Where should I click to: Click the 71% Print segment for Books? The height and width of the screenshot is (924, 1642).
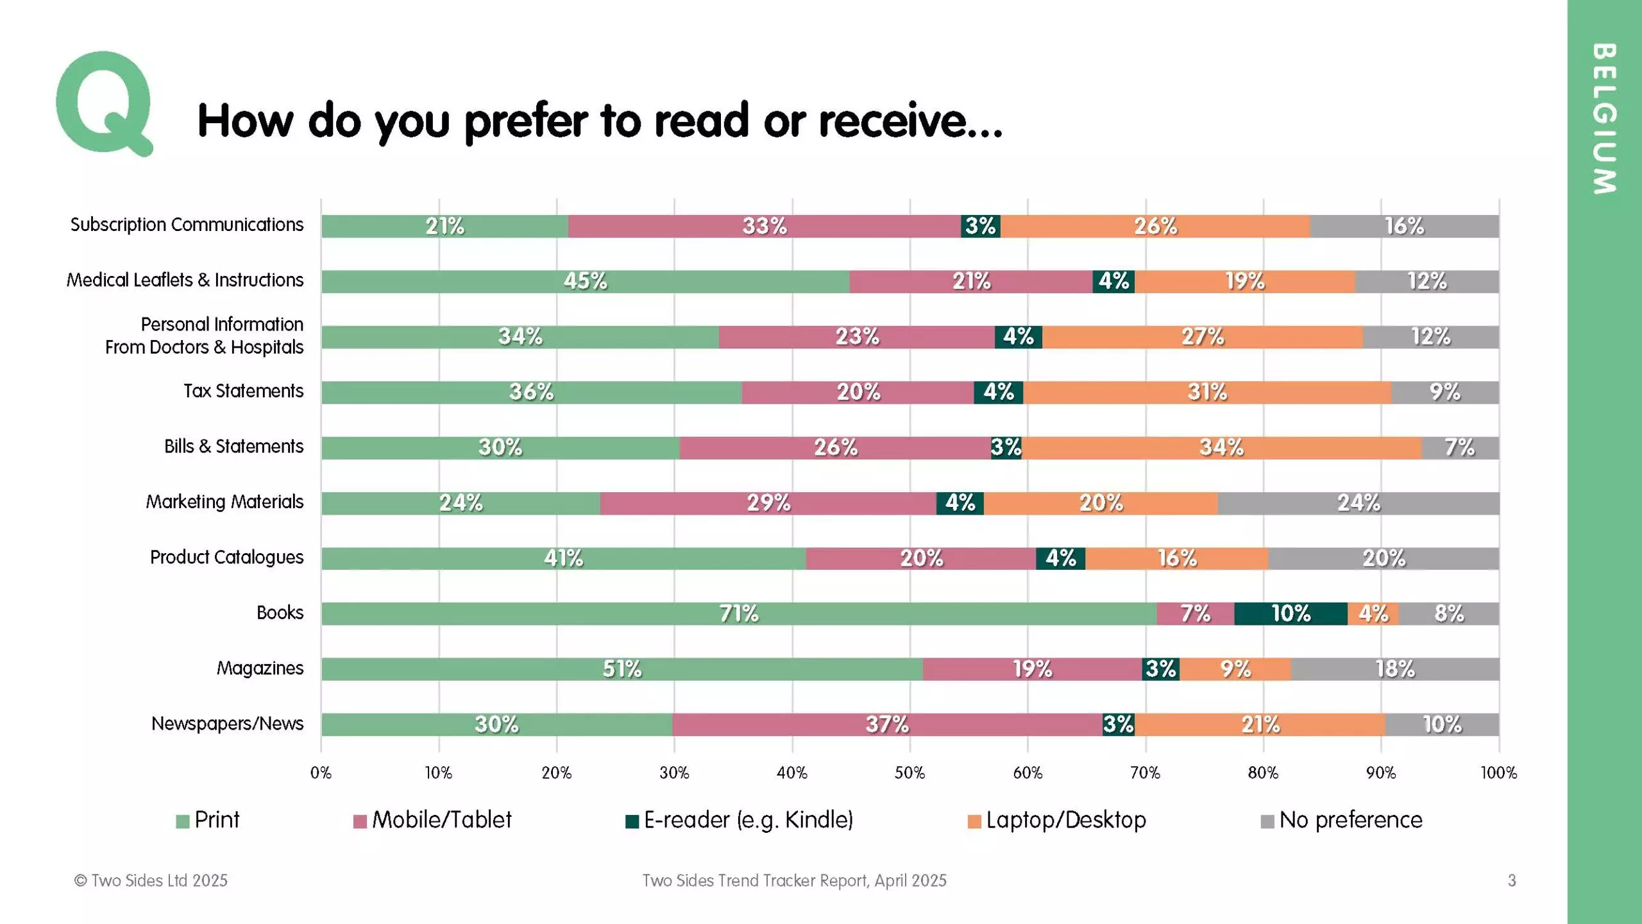coord(739,614)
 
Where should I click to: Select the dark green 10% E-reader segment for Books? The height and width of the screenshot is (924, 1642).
coord(1291,614)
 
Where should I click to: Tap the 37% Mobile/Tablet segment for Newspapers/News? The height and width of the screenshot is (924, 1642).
coord(887,724)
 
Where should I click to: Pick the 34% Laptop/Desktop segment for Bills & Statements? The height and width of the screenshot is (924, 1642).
coord(1221,448)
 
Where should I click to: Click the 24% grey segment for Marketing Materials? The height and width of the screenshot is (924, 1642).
coord(1358,503)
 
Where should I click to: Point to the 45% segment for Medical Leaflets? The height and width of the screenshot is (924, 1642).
coord(585,282)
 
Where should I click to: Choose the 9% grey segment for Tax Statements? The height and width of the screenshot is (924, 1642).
coord(1444,393)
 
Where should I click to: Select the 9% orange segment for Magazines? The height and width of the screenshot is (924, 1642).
coord(1235,669)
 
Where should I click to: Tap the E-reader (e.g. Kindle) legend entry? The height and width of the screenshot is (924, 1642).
coord(739,820)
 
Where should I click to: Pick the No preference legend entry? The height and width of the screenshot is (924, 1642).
coord(1341,820)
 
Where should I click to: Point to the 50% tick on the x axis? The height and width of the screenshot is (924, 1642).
coord(910,773)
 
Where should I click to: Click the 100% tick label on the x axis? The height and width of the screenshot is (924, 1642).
coord(1498,773)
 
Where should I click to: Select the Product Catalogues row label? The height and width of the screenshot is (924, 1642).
coord(226,557)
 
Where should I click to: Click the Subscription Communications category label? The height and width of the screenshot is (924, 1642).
coord(187,225)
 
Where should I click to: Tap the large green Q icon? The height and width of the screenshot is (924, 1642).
coord(105,103)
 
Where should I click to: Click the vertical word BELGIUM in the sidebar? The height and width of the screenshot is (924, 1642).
coord(1604,119)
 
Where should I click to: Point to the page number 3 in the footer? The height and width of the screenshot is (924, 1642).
coord(1512,880)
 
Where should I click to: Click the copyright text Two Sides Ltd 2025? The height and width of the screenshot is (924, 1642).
coord(151,880)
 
